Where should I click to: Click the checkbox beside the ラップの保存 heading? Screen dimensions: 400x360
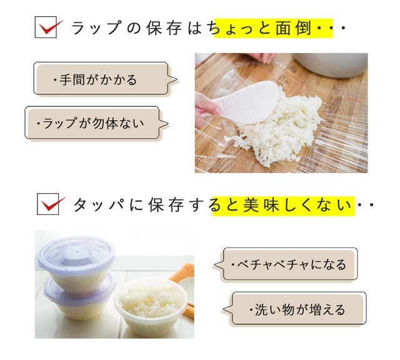pyautogui.click(x=46, y=27)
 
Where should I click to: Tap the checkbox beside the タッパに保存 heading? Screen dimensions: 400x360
pyautogui.click(x=48, y=204)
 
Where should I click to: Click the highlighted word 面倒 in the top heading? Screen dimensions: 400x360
pyautogui.click(x=293, y=27)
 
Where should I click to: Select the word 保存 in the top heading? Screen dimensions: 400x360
pyautogui.click(x=164, y=27)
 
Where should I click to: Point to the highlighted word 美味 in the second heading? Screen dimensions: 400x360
pyautogui.click(x=261, y=205)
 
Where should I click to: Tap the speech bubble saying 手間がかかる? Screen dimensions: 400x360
pyautogui.click(x=105, y=79)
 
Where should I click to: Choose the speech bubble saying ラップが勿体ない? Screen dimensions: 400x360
pyautogui.click(x=96, y=123)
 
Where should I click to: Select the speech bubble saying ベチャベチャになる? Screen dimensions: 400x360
pyautogui.click(x=285, y=264)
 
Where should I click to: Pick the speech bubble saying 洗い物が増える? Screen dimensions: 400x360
pyautogui.click(x=294, y=309)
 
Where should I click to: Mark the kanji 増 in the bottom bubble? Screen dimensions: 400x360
pyautogui.click(x=316, y=309)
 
